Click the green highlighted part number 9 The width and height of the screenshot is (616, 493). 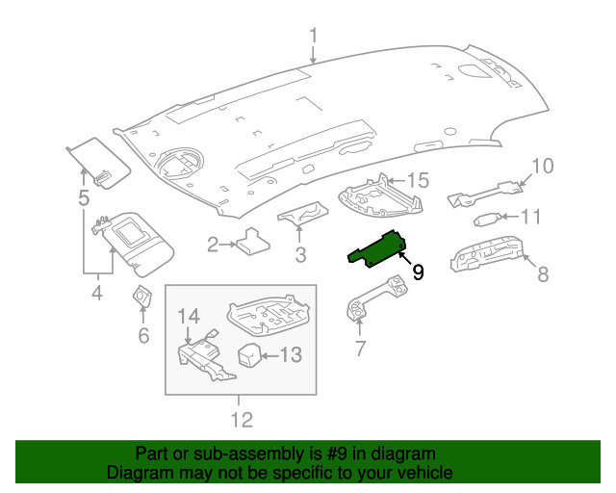377,250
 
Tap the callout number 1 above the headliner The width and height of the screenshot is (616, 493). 313,36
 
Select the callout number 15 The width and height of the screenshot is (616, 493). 418,180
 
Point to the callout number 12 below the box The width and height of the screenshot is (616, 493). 242,420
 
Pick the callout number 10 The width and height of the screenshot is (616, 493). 542,166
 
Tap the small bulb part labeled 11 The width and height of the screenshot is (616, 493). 488,220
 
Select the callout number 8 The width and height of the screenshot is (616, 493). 543,273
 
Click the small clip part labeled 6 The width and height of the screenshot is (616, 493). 142,297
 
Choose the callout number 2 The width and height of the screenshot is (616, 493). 213,245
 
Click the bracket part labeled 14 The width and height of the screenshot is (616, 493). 204,358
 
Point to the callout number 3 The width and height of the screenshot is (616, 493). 300,255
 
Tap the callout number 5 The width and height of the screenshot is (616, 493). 84,197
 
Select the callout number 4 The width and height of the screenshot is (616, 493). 97,293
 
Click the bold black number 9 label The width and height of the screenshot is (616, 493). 418,272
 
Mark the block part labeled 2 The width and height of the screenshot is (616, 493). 252,242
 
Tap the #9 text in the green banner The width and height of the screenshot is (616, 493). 337,454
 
